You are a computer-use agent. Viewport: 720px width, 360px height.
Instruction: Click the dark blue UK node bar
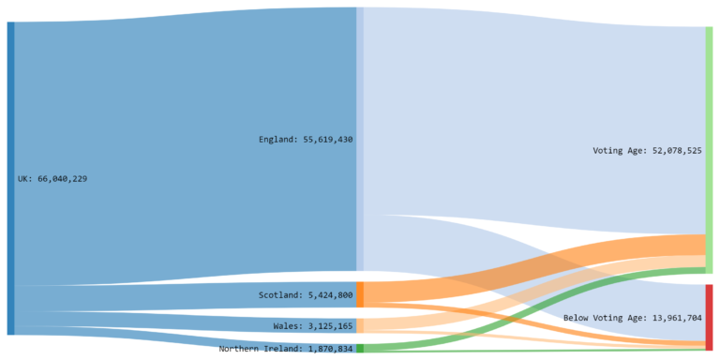click(10, 178)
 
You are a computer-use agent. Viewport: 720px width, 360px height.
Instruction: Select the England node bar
click(360, 139)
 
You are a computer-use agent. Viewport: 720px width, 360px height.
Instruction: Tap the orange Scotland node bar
click(360, 294)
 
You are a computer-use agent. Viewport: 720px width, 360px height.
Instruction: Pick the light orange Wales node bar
click(360, 325)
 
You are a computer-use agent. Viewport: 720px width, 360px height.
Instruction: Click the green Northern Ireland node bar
click(360, 348)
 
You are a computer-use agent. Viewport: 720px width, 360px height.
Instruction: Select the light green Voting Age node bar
click(709, 150)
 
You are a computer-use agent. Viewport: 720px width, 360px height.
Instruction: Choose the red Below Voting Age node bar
click(709, 317)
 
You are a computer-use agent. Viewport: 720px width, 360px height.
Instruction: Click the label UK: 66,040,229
click(52, 178)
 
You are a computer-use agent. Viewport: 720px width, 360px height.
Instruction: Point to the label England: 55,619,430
click(306, 140)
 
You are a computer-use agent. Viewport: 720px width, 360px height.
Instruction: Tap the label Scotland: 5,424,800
click(306, 295)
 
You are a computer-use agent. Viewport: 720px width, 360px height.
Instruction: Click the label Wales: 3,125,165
click(312, 326)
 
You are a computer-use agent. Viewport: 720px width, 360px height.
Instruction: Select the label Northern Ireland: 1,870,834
click(286, 349)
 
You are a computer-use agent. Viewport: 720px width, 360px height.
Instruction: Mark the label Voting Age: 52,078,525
click(647, 150)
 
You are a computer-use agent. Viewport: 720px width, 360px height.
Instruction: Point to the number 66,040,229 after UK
click(62, 178)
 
